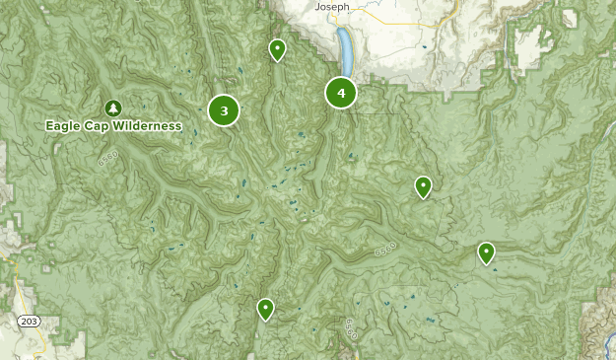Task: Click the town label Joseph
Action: [x=332, y=6]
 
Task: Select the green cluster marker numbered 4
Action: [x=341, y=93]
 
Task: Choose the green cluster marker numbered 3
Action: [x=224, y=110]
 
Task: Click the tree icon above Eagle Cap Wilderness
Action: [x=112, y=108]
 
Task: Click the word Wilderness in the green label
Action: [x=148, y=126]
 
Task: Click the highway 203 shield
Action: [x=28, y=322]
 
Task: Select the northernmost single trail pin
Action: [x=278, y=48]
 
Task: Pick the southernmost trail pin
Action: [x=265, y=308]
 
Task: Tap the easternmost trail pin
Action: [x=486, y=252]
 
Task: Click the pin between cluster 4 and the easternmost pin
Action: [x=423, y=185]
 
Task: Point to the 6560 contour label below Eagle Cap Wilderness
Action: [x=107, y=157]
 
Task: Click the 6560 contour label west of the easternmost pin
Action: [x=384, y=251]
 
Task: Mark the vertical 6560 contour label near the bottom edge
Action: [x=351, y=328]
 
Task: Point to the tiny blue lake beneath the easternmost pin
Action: [x=495, y=269]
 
